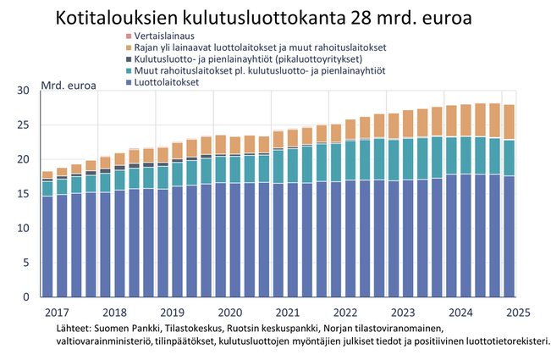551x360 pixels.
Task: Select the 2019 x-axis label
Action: tap(172, 313)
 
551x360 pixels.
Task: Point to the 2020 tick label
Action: tap(229, 313)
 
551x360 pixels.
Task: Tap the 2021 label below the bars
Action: tap(288, 313)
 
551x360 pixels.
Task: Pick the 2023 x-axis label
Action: tap(403, 313)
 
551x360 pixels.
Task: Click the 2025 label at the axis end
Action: tap(517, 313)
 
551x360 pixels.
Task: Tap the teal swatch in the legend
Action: tap(128, 72)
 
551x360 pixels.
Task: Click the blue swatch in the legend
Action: tap(128, 84)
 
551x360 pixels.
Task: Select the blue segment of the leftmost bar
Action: tap(47, 246)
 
